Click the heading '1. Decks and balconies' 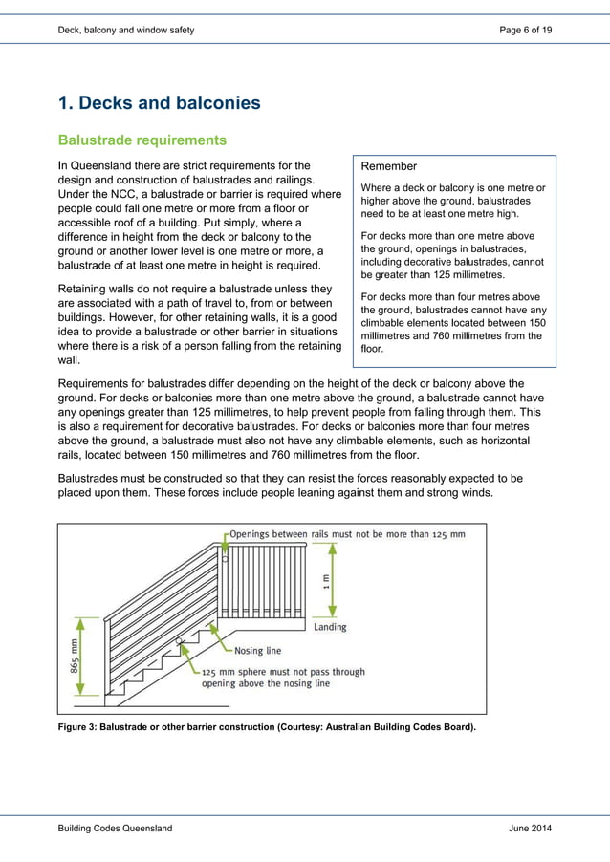pos(159,103)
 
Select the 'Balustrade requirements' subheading pos(142,140)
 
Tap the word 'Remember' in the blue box pos(389,166)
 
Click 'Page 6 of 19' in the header pos(525,31)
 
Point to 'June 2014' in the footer pos(530,828)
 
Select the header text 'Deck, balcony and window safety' pos(125,31)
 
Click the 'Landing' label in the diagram pos(330,627)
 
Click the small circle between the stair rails pos(179,643)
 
